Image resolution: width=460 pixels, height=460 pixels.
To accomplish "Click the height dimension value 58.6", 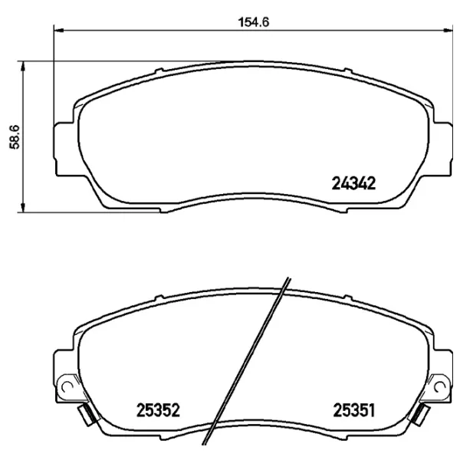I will [14, 136].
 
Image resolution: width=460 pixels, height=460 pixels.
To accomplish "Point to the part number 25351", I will [353, 410].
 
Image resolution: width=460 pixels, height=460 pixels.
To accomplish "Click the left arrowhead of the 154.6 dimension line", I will [58, 31].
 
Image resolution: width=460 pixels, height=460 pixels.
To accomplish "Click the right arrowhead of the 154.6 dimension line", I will [446, 31].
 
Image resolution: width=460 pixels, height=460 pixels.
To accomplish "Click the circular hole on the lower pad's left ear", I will [67, 385].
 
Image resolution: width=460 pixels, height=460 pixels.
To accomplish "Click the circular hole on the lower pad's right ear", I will [439, 385].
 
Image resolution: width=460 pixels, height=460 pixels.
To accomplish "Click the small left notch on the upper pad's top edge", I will [157, 74].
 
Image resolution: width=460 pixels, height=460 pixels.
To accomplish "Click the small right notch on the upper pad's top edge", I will [347, 74].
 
